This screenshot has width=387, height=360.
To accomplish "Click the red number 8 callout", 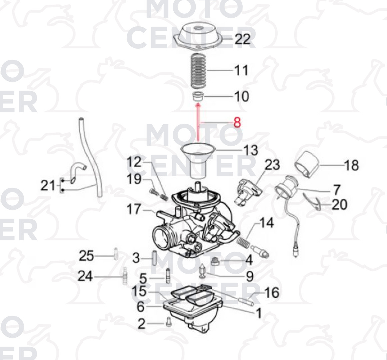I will [x=237, y=122].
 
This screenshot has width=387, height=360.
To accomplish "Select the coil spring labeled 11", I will [x=199, y=70].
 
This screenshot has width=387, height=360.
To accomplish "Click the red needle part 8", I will [x=198, y=123].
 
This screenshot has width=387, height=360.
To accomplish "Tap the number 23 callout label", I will [x=272, y=165].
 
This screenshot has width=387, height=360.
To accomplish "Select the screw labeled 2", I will [x=168, y=322].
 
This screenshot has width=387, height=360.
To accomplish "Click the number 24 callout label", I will [x=85, y=276].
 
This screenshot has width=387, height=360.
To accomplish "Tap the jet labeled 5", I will [x=168, y=276].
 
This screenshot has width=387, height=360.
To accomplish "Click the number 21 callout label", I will [x=48, y=185].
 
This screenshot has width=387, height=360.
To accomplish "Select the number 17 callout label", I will [x=134, y=209].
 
